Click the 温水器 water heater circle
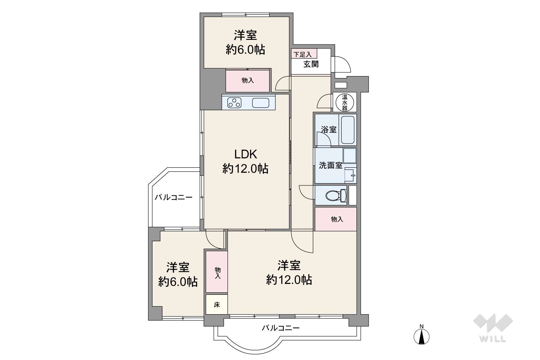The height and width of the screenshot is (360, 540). coord(345,102)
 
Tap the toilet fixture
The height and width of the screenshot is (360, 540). coord(336,195)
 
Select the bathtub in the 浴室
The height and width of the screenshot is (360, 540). coord(348,130)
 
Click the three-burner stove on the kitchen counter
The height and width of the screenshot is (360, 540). coord(234,103)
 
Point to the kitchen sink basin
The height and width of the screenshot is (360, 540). coord(261,103)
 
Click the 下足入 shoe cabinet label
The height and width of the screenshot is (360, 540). coord(302,54)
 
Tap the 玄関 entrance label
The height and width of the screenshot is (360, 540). coord(311,64)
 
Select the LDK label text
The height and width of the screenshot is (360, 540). coord(246,154)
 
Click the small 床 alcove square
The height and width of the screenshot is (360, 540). coord(217,305)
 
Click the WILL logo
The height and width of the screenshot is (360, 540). coord(493,328)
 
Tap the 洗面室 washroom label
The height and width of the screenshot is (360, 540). coord(330,166)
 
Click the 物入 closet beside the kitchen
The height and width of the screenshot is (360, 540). coord(247,81)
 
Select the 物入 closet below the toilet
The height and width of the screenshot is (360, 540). coord(336,219)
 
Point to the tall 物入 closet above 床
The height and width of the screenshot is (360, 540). coord(217,272)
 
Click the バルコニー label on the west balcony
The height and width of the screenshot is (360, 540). coord(174,198)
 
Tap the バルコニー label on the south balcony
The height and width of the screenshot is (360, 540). coord(281,328)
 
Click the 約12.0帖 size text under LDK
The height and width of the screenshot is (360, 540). coord(245,168)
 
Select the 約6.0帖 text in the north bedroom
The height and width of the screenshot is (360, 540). coord(245,50)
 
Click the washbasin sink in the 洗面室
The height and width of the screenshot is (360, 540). coord(350,176)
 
